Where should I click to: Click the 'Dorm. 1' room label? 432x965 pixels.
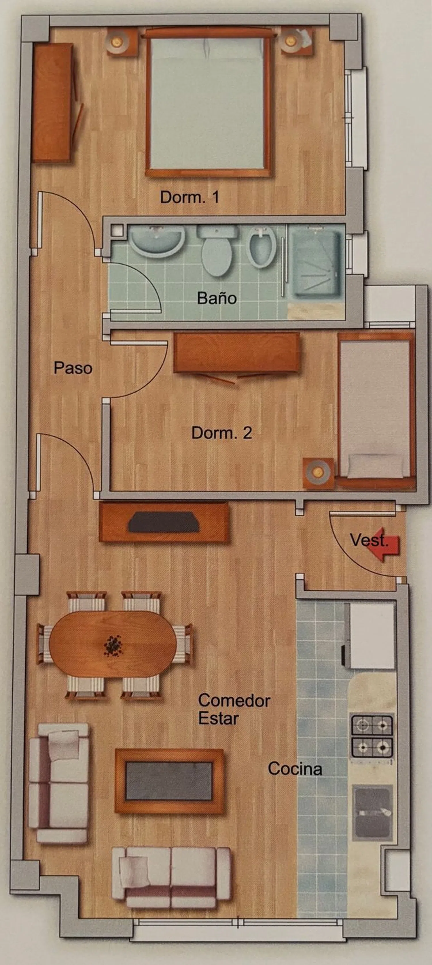(x=190, y=197)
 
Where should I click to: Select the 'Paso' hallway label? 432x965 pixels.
(x=73, y=368)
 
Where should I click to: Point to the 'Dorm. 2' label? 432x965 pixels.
(x=221, y=433)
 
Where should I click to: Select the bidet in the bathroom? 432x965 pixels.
(x=262, y=248)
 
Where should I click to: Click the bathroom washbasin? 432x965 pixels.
(x=157, y=241)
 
